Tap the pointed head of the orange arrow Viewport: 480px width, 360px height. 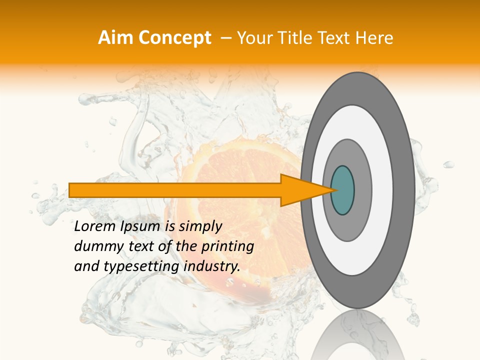click(305, 190)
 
